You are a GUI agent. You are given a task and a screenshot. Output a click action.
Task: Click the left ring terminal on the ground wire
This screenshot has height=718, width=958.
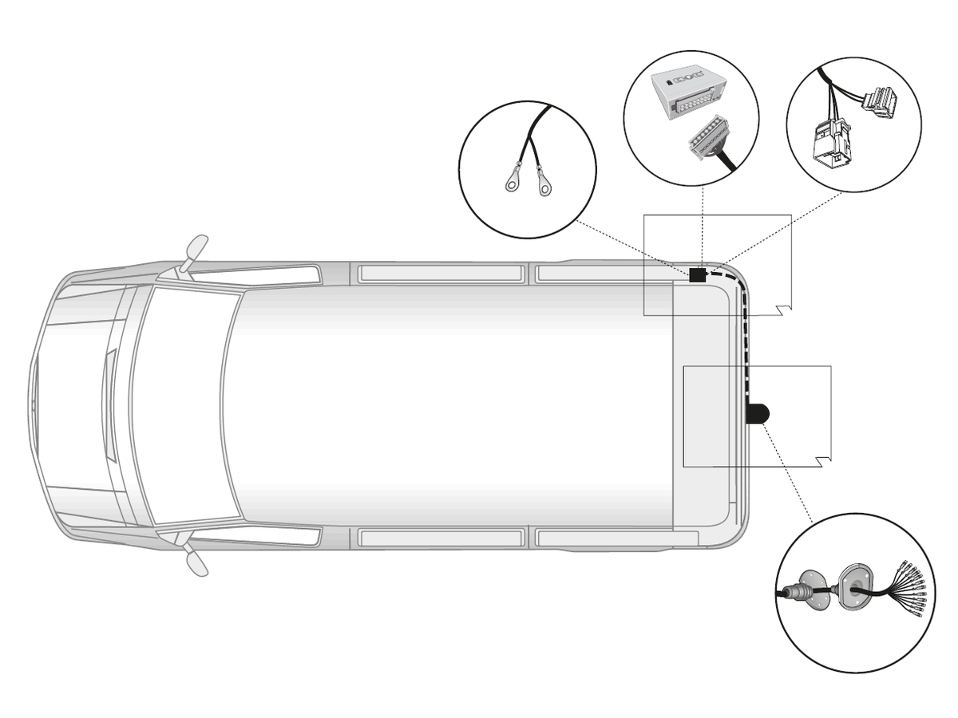pos(511,186)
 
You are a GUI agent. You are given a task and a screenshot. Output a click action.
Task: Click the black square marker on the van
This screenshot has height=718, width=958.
pos(697,275)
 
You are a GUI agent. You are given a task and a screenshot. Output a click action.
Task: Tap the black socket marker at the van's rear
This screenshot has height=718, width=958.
pos(757,412)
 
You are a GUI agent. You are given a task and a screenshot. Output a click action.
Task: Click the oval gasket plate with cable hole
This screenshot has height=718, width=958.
pos(855,588)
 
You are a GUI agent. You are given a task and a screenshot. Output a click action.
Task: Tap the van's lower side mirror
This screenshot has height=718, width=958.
pos(195,561)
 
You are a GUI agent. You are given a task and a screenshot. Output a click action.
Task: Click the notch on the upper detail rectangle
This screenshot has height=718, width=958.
pos(785,310)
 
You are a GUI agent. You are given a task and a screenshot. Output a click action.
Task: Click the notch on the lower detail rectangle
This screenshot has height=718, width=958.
pos(825,461)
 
